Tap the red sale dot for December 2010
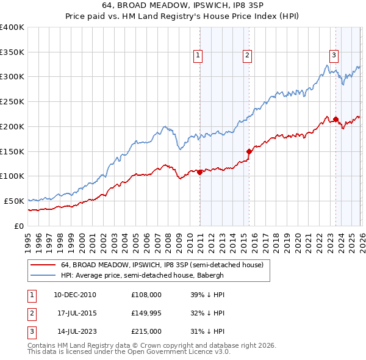(x=200, y=172)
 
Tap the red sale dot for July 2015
(x=249, y=151)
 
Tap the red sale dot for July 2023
(x=335, y=119)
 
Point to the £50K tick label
(x=14, y=201)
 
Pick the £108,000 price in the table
(x=146, y=294)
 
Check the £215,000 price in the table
(x=146, y=332)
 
